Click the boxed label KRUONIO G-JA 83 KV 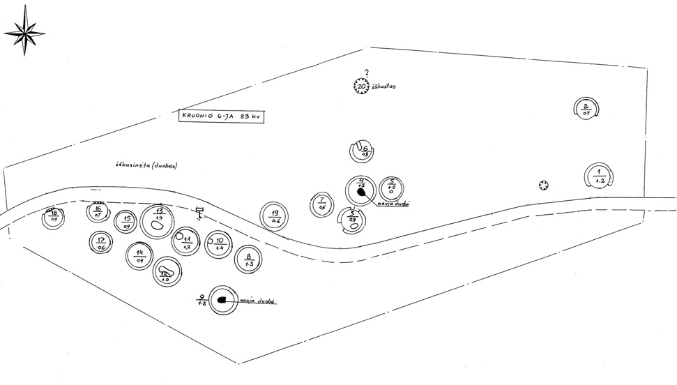221,116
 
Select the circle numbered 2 586,109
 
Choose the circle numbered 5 391,188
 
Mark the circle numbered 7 321,204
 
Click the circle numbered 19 275,216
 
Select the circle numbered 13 160,221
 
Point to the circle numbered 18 53,217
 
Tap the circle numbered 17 102,243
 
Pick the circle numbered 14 140,256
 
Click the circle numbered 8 249,260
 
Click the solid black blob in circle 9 224,299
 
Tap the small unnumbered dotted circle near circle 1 544,185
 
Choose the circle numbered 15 127,221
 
